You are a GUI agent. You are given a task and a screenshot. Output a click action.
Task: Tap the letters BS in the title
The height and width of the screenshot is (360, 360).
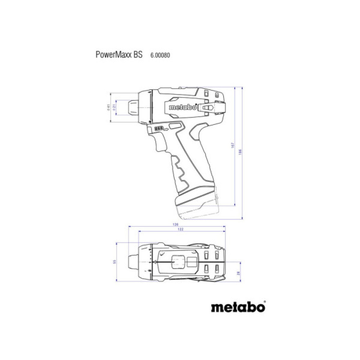138,55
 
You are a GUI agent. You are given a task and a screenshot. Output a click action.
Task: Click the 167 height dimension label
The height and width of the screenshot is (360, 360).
233,145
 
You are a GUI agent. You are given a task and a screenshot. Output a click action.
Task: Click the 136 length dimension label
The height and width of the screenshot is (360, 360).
176,224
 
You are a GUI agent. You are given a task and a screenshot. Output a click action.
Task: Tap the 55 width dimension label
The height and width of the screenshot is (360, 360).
115,261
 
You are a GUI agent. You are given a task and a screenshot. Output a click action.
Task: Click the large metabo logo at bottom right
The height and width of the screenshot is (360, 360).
238,307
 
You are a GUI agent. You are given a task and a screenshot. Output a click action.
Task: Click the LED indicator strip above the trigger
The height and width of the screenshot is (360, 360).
159,128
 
